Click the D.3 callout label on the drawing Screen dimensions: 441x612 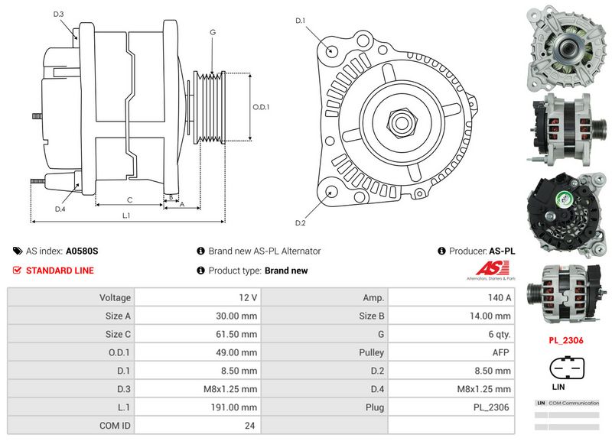pyautogui.click(x=59, y=15)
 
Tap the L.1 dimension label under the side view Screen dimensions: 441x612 pyautogui.click(x=127, y=216)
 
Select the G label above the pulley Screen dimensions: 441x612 pyautogui.click(x=212, y=32)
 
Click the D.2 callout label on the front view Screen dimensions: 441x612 pyautogui.click(x=300, y=222)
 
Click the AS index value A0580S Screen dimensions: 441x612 pyautogui.click(x=82, y=251)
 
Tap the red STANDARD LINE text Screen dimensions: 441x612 pyautogui.click(x=60, y=271)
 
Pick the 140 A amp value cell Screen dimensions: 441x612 pyautogui.click(x=502, y=297)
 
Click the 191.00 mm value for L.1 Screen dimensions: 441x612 pyautogui.click(x=236, y=407)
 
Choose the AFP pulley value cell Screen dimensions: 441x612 pyautogui.click(x=502, y=352)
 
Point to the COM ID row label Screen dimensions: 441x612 pyautogui.click(x=116, y=426)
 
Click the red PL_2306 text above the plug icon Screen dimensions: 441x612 pyautogui.click(x=566, y=340)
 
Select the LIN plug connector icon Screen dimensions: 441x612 pyautogui.click(x=566, y=368)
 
